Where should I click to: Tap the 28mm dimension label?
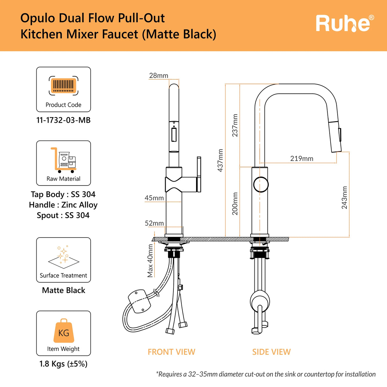[x=158, y=76]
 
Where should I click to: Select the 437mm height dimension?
[x=220, y=160]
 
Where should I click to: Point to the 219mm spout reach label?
[x=302, y=158]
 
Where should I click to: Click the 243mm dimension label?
[x=344, y=198]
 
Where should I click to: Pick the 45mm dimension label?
[x=154, y=198]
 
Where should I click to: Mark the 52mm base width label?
[x=154, y=223]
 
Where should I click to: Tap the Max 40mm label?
[x=150, y=261]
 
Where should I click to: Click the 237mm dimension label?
[x=235, y=125]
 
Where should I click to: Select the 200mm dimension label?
[x=235, y=203]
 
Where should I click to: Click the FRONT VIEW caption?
[x=171, y=352]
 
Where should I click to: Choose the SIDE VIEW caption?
[x=271, y=352]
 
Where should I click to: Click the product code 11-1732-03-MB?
[x=63, y=120]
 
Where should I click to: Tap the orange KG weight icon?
[x=63, y=331]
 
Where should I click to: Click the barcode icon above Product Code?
[x=63, y=85]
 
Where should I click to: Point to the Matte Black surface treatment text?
[x=63, y=290]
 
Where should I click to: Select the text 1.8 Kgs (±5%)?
[x=63, y=364]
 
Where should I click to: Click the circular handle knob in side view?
[x=261, y=184]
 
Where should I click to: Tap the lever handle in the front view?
[x=199, y=174]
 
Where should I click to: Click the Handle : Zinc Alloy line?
[x=63, y=205]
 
